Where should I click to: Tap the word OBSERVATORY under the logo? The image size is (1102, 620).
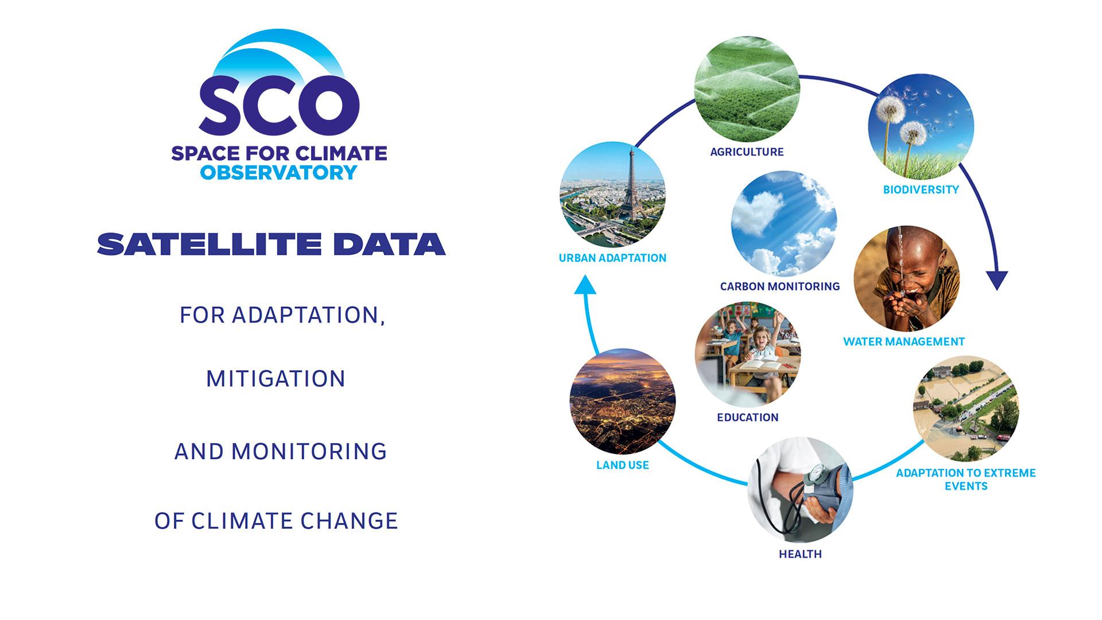279,172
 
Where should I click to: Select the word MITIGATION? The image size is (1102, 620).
275,379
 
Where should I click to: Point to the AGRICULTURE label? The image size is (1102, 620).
747,152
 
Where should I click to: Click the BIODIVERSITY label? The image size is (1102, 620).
921,189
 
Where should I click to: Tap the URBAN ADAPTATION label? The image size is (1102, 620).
612,258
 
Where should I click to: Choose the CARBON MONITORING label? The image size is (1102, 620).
779,286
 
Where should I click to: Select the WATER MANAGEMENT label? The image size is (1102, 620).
903,342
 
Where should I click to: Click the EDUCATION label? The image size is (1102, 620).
747,418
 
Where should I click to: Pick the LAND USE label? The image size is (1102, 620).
622,466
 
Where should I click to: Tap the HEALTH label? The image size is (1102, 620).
800,555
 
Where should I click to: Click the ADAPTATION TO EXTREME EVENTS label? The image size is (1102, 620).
965,479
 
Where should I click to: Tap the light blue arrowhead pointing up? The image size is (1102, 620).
585,284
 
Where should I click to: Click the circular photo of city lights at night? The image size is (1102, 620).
622,401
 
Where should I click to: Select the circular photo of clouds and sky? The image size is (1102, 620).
783,223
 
